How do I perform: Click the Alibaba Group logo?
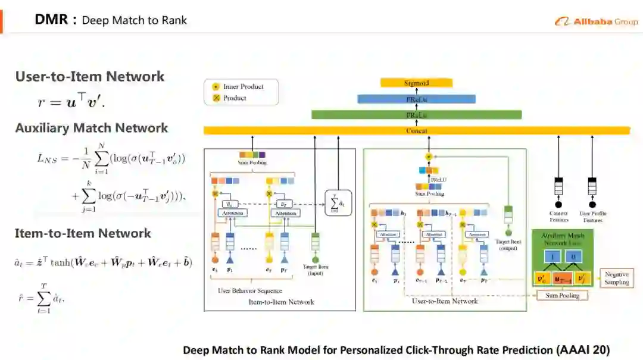point(596,21)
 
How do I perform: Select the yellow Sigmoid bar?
point(416,83)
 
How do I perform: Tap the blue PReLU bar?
point(416,99)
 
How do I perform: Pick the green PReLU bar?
point(416,114)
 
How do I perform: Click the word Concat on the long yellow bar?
point(416,130)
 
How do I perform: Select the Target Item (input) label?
point(316,270)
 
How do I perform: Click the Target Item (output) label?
point(507,245)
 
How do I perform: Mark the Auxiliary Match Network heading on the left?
point(92,128)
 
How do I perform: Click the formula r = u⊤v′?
point(71,102)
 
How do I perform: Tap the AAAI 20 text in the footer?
point(584,350)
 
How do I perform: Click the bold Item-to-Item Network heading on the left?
point(83,233)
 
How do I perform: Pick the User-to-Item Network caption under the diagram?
point(445,301)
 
